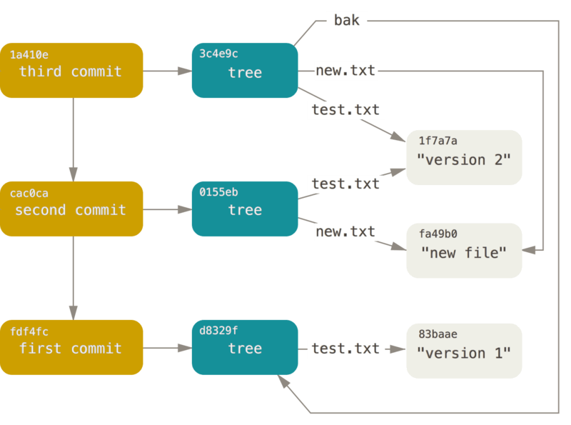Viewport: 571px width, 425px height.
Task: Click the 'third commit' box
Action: tap(71, 71)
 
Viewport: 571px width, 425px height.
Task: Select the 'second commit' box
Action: tap(71, 209)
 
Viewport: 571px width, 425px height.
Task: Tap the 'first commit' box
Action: tap(71, 348)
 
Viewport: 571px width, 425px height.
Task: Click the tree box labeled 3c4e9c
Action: tap(245, 71)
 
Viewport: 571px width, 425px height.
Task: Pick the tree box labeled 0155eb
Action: tap(245, 209)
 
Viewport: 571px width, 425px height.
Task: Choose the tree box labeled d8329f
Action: tap(245, 348)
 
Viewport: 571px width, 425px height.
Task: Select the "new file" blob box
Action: tap(464, 251)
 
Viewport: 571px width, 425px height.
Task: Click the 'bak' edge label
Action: tap(347, 21)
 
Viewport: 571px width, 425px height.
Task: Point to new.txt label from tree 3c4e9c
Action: tap(345, 70)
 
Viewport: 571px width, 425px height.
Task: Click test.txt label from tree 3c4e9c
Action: tap(346, 110)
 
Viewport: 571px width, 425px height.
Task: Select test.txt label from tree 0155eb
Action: tap(346, 184)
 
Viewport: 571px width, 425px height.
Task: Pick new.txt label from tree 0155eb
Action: tap(345, 231)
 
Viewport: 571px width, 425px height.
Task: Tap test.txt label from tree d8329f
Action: tap(346, 349)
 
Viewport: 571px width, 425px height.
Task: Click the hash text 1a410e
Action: tap(29, 54)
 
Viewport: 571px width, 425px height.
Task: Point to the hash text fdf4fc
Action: tap(29, 331)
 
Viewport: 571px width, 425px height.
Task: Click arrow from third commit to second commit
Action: tap(72, 139)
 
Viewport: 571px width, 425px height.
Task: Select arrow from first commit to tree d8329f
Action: tap(167, 348)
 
